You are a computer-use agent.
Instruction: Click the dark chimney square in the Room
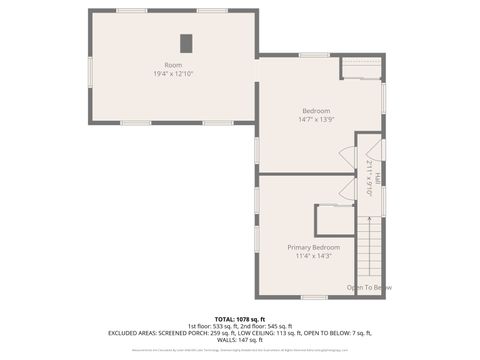[186, 43]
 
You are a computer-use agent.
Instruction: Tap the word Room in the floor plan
[173, 65]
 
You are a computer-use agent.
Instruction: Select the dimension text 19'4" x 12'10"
[173, 74]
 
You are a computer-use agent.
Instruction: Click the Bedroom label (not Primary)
[316, 110]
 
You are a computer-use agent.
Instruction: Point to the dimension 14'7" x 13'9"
[316, 119]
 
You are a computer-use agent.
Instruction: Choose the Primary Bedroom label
[313, 247]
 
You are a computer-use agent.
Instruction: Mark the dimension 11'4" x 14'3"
[313, 256]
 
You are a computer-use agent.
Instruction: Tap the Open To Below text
[368, 288]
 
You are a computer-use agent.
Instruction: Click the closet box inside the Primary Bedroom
[334, 220]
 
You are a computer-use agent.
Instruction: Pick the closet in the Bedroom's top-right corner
[359, 67]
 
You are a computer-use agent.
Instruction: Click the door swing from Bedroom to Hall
[348, 158]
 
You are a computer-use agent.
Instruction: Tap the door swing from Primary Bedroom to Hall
[347, 190]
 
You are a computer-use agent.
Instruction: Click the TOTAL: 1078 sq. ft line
[239, 318]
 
